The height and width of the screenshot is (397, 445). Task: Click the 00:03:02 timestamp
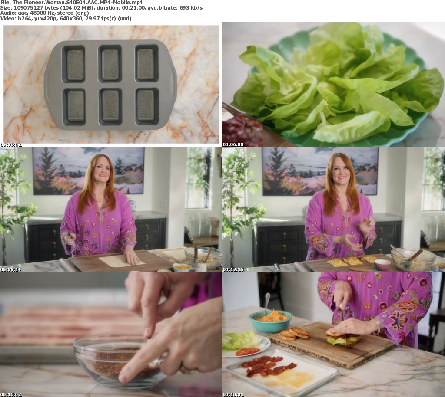click(x=11, y=144)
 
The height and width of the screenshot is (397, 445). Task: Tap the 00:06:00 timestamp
click(x=233, y=144)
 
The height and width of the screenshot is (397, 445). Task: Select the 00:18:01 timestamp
click(x=233, y=394)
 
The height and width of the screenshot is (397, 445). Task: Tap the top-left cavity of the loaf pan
click(x=73, y=64)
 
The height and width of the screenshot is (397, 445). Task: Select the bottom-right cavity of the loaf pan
click(x=147, y=106)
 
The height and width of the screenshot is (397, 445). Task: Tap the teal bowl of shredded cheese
click(x=270, y=321)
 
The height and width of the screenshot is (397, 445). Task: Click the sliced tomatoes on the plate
click(x=247, y=351)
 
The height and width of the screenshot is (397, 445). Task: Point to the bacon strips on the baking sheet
click(x=267, y=365)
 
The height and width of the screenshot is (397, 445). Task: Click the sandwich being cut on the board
click(x=343, y=337)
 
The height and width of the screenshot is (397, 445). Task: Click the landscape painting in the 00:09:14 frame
click(x=89, y=171)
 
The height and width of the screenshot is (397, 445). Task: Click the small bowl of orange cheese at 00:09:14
click(x=181, y=267)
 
